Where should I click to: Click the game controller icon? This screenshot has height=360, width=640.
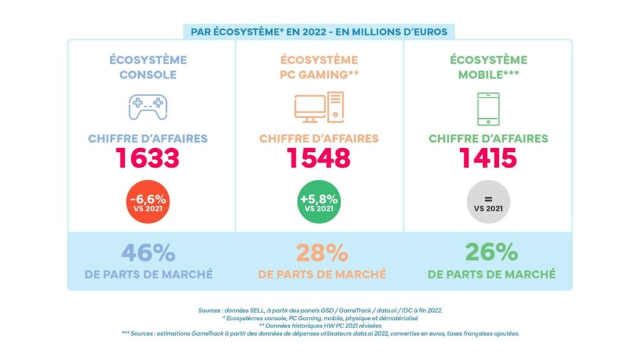(x=147, y=106)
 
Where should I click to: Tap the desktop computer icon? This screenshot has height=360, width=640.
(x=319, y=107)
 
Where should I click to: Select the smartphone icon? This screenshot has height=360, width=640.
(x=488, y=109)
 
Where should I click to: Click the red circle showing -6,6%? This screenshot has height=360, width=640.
(x=148, y=203)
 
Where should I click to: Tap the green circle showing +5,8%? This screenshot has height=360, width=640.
(x=319, y=203)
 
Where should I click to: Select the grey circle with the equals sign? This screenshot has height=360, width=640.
(x=488, y=203)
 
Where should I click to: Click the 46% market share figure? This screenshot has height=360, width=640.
(x=148, y=253)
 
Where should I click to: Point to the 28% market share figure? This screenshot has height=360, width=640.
(x=321, y=253)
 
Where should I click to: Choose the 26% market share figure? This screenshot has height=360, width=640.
(x=491, y=253)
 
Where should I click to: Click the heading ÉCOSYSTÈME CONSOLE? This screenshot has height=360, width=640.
(x=148, y=67)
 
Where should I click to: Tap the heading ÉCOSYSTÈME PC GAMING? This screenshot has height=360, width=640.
(x=319, y=67)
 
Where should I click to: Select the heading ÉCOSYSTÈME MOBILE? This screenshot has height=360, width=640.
(x=488, y=67)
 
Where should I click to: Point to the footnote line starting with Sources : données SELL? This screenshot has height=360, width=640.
(x=319, y=310)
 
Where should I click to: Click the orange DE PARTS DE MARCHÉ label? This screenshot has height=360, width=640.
(x=321, y=274)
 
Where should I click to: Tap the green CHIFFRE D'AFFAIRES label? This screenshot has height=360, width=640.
(x=488, y=138)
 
